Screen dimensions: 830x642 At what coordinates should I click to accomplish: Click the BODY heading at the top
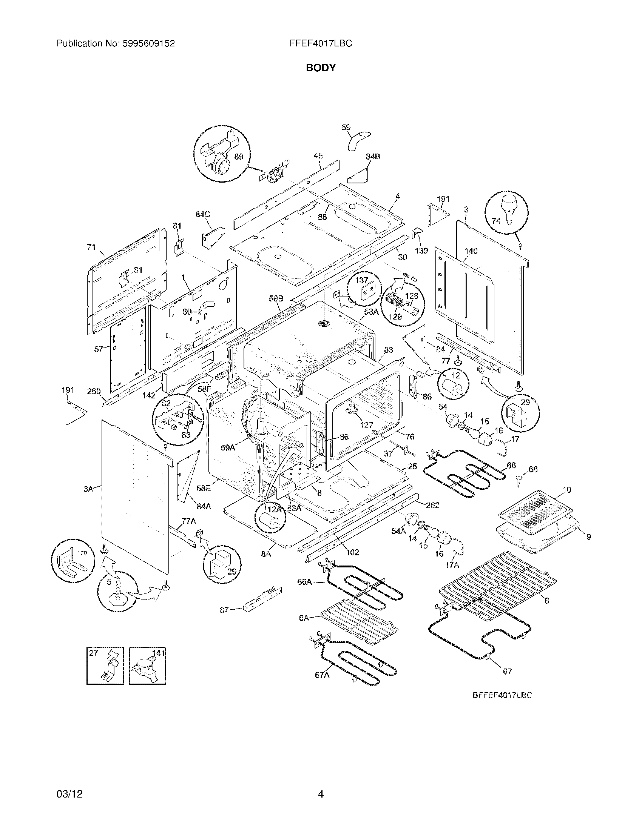321,68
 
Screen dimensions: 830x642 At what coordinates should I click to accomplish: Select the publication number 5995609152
149,44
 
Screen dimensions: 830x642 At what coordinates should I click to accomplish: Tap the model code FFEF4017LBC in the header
321,44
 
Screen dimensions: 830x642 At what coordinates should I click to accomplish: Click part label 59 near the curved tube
346,128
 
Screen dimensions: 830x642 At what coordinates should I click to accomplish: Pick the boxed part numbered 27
105,665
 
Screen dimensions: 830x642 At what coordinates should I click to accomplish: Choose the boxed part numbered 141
147,665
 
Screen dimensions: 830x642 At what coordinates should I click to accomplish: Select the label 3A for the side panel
88,489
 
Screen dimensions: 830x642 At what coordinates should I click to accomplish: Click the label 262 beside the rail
432,505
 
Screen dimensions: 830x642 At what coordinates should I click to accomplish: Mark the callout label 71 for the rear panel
91,247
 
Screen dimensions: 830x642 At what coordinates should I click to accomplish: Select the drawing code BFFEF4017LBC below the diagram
502,695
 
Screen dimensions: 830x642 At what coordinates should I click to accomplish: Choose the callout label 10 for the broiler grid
567,489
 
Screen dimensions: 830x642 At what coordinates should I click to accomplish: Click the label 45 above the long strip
318,156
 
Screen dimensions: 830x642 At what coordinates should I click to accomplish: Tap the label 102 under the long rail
352,552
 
